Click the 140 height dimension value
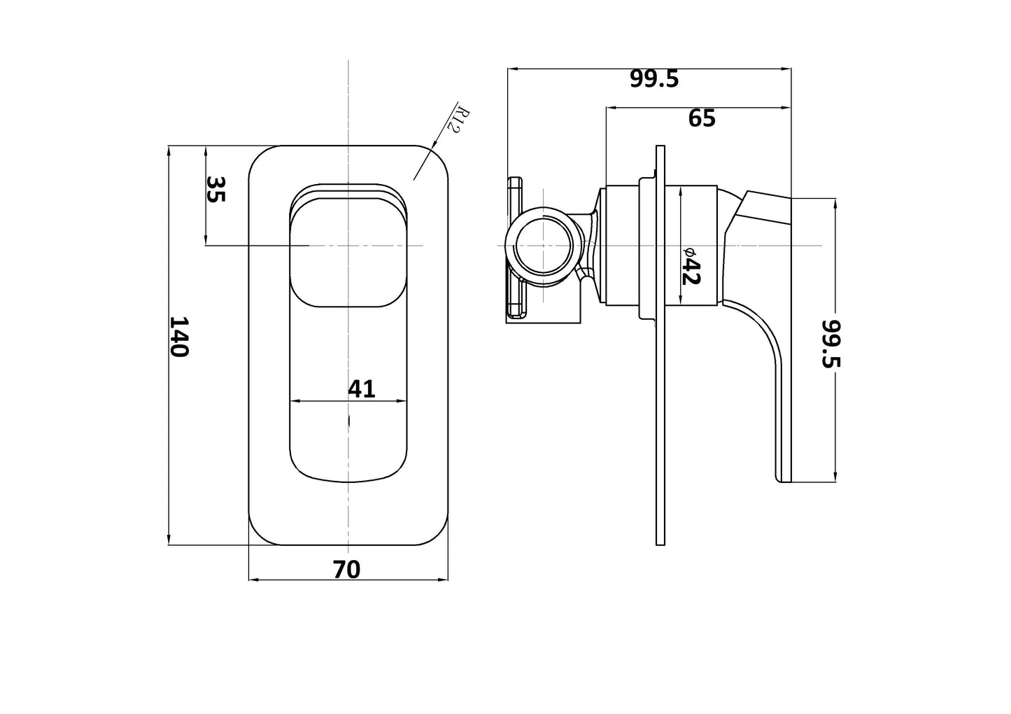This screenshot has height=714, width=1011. coord(180,336)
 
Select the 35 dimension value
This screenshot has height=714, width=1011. coord(216,189)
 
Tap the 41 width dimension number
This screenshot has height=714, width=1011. coord(362,388)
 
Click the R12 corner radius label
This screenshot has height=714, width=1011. coord(462,122)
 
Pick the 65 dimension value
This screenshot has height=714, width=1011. coord(702,118)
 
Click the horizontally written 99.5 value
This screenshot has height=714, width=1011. coord(654,79)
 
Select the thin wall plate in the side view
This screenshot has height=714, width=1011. coord(660,420)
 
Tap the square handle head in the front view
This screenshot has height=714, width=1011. coord(348,252)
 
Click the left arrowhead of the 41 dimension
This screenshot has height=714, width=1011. coord(294,401)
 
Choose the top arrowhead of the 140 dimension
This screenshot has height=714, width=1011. coord(169,150)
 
